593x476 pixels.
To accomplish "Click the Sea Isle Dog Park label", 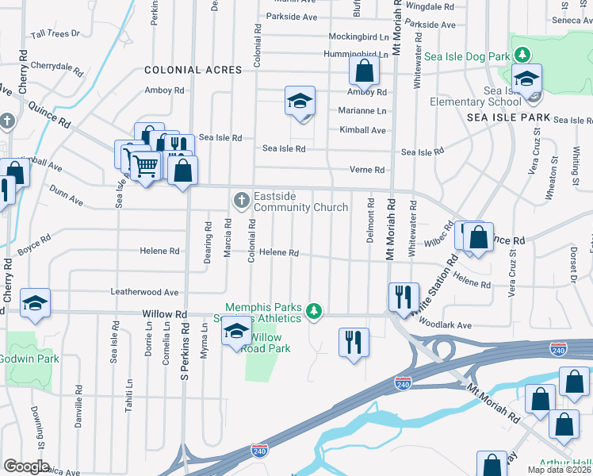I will coord(466,56).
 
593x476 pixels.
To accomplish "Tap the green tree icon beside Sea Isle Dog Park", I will coord(522,55).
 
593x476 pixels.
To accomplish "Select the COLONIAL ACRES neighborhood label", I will coord(193,70).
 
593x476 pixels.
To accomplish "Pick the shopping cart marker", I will coord(145,166).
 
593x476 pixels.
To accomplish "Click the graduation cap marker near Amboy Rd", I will coord(300,101).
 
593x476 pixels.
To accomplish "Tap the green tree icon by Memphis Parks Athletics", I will coord(315,311).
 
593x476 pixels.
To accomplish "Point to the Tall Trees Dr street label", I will coord(55,34).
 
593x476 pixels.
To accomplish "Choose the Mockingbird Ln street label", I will coord(359,36).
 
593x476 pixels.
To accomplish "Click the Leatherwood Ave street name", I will coord(144,293).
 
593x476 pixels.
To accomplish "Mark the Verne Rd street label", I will coord(367,170).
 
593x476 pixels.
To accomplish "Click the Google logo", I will coord(26,466).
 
